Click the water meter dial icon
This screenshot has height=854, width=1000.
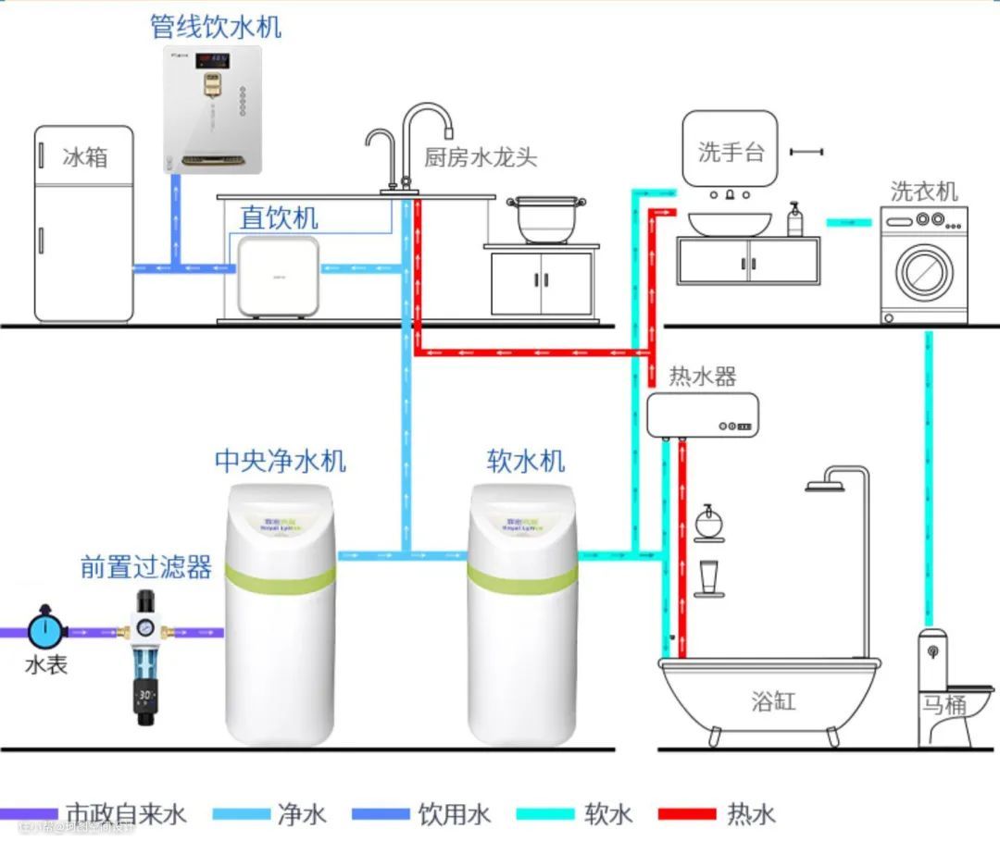(x=43, y=630)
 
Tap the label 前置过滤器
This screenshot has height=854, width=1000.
(x=146, y=567)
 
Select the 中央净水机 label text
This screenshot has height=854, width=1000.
(x=281, y=461)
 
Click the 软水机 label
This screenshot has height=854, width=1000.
(x=525, y=461)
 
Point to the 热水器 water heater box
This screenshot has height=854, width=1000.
(x=702, y=415)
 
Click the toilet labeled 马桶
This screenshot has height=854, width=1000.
(x=944, y=689)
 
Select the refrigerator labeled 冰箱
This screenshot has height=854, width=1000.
(x=84, y=225)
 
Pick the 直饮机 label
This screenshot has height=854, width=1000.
(x=279, y=218)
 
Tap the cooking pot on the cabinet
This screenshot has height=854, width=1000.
(x=542, y=220)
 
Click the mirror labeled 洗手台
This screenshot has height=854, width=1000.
(x=730, y=150)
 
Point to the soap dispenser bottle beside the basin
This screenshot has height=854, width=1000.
(x=794, y=221)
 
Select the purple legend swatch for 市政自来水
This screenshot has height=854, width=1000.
(x=28, y=815)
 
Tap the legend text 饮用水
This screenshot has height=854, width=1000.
(x=454, y=815)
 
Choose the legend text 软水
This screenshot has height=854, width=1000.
(x=608, y=815)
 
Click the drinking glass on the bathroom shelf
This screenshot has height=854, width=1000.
(x=709, y=577)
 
